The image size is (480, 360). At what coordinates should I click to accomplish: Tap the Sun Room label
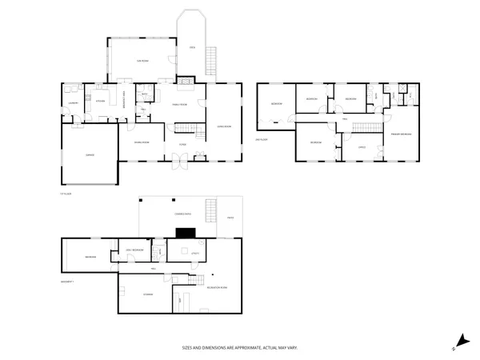pyautogui.click(x=141, y=62)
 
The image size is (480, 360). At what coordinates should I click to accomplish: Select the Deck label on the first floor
pyautogui.click(x=192, y=48)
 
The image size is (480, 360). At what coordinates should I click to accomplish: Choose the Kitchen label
pyautogui.click(x=102, y=102)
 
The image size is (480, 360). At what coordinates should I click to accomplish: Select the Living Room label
pyautogui.click(x=223, y=125)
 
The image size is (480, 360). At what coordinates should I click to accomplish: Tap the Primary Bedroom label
pyautogui.click(x=401, y=134)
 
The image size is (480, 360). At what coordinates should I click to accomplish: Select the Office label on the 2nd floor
pyautogui.click(x=361, y=146)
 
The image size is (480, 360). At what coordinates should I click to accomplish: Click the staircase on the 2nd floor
pyautogui.click(x=367, y=129)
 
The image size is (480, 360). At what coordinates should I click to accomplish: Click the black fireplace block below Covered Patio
pyautogui.click(x=187, y=233)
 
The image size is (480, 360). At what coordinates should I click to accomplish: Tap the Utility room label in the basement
pyautogui.click(x=194, y=254)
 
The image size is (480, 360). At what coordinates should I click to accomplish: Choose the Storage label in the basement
pyautogui.click(x=148, y=295)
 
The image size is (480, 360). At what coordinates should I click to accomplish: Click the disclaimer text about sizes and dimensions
pyautogui.click(x=239, y=348)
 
